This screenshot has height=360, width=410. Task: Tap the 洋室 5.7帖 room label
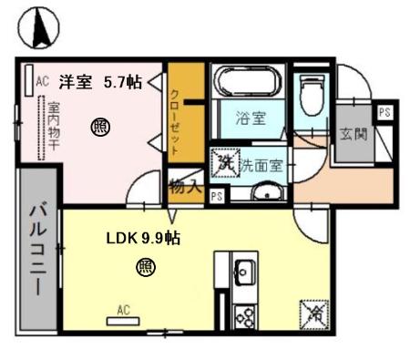[x=100, y=82]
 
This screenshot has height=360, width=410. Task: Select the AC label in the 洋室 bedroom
[x=41, y=81]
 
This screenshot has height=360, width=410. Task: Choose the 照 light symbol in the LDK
[x=144, y=267]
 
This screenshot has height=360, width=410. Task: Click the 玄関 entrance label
[x=352, y=134]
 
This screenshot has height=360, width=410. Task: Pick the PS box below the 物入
[x=217, y=195]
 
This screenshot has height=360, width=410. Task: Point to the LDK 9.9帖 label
[x=143, y=239]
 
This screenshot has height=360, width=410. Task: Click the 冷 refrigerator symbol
[x=313, y=313]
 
